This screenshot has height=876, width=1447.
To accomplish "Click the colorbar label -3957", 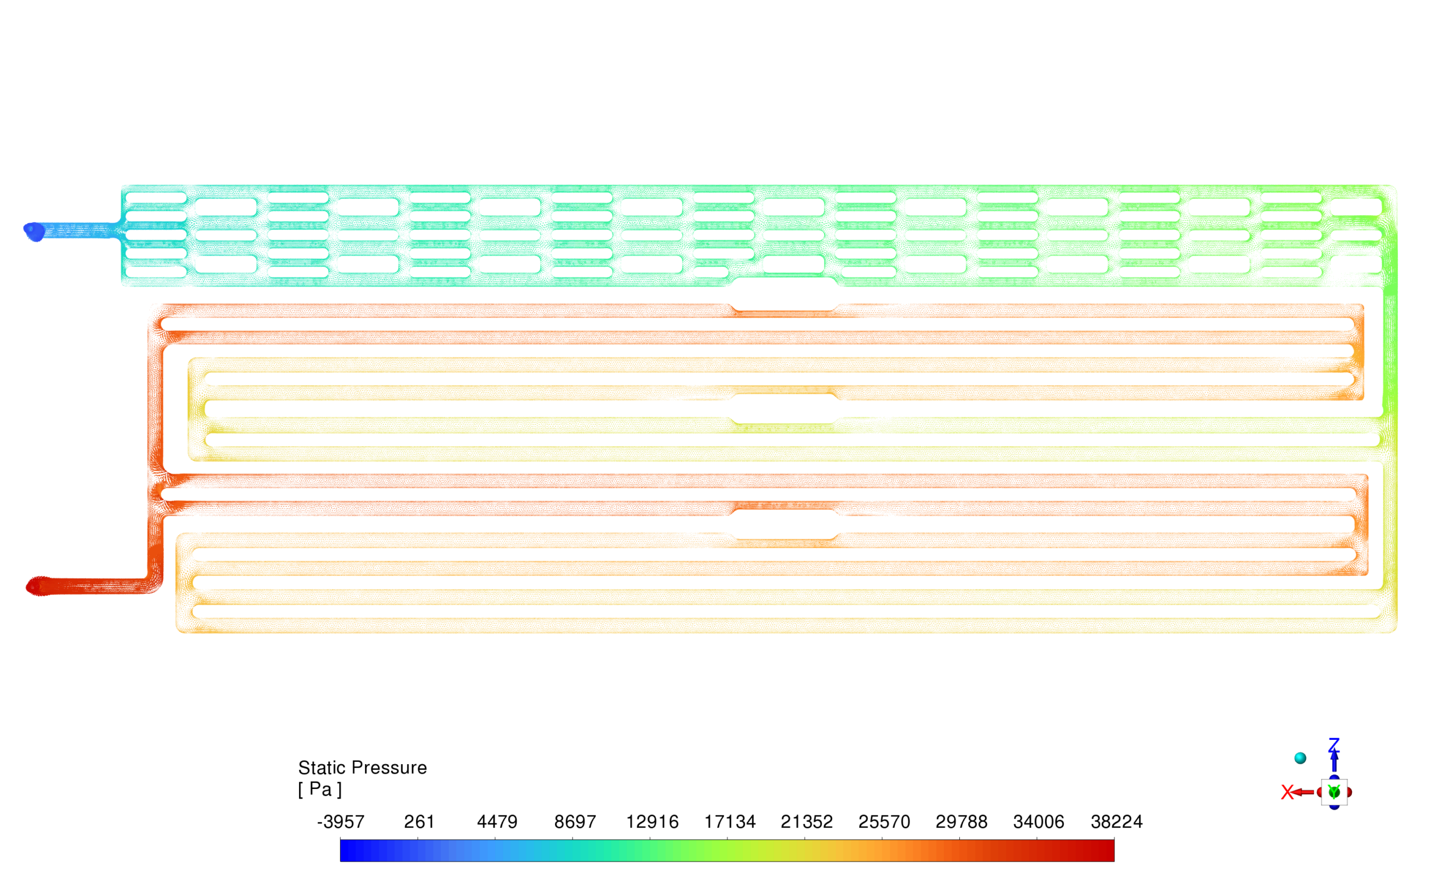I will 341,821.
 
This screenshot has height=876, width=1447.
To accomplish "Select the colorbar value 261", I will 419,821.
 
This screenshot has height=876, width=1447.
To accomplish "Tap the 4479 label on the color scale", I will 497,821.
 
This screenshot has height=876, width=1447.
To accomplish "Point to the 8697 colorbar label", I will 575,821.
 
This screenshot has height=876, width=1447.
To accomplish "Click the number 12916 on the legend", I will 652,821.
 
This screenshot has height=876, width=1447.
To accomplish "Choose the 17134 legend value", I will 729,821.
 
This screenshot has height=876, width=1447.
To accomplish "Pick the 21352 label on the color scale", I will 806,821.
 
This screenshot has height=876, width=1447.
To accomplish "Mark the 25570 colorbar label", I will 884,821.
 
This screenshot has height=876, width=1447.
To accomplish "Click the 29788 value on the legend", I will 961,821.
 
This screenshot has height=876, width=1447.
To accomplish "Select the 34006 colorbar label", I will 1038,821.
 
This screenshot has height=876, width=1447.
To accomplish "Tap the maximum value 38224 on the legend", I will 1116,821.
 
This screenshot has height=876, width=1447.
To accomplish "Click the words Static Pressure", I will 362,767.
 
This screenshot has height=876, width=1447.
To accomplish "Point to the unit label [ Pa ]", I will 319,789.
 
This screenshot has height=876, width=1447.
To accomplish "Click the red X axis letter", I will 1286,792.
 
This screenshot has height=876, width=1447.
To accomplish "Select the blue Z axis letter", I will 1333,744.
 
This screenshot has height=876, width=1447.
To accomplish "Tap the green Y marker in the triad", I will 1333,792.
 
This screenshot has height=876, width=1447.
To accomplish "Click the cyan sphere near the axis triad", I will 1300,758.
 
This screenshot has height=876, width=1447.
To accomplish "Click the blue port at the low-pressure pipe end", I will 34,231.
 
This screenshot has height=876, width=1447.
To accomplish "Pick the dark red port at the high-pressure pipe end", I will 36,586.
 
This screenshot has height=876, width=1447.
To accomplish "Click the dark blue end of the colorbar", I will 346,850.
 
